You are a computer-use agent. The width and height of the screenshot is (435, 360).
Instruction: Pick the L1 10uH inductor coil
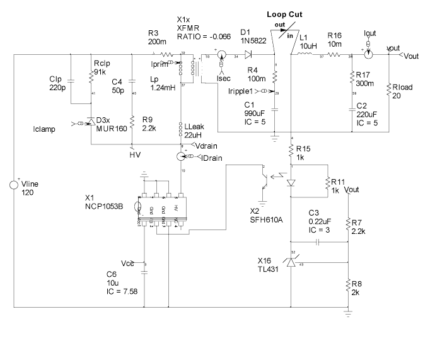pyautogui.click(x=304, y=55)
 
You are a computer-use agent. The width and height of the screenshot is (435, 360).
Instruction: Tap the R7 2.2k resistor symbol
pyautogui.click(x=348, y=224)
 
